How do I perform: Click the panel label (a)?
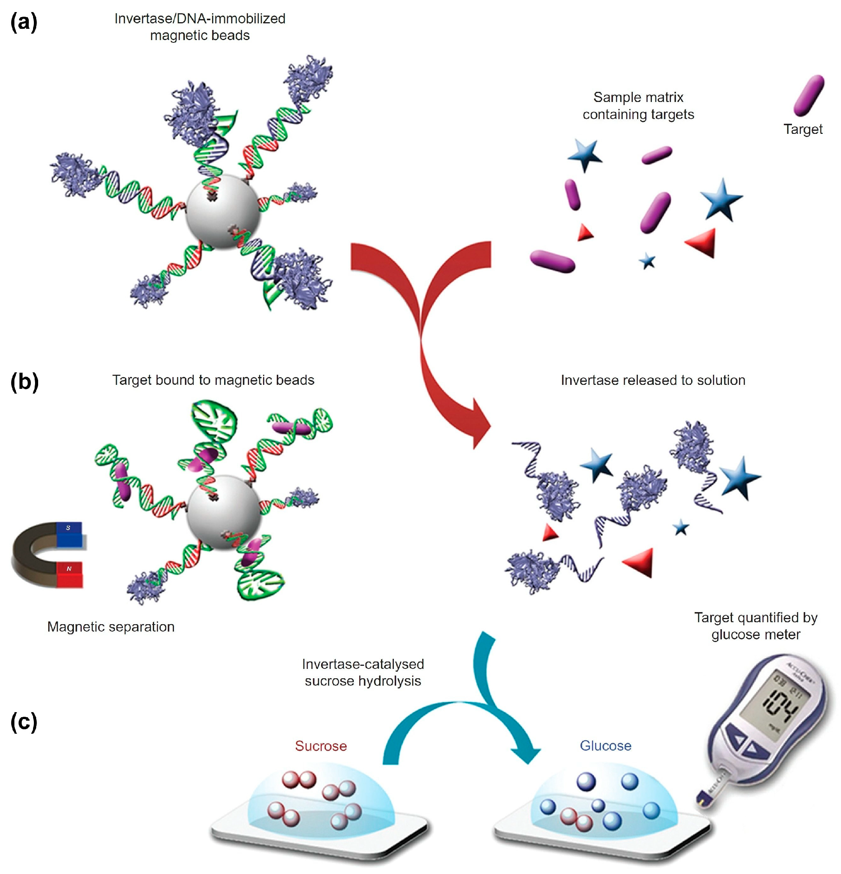tap(24, 22)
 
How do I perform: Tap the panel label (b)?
tap(25, 382)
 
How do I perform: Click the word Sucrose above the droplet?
tap(321, 746)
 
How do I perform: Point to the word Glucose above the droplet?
tap(605, 745)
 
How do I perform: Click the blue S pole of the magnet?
tap(69, 534)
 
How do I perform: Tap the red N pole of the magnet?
tap(69, 574)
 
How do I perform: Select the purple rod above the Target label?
tap(808, 95)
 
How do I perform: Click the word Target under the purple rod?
tap(802, 129)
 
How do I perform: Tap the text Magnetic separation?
tap(111, 627)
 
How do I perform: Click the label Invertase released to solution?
tap(653, 380)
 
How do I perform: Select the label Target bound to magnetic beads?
tap(213, 380)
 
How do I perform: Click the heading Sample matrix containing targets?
tap(638, 106)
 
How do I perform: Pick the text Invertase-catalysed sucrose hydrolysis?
tap(363, 672)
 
